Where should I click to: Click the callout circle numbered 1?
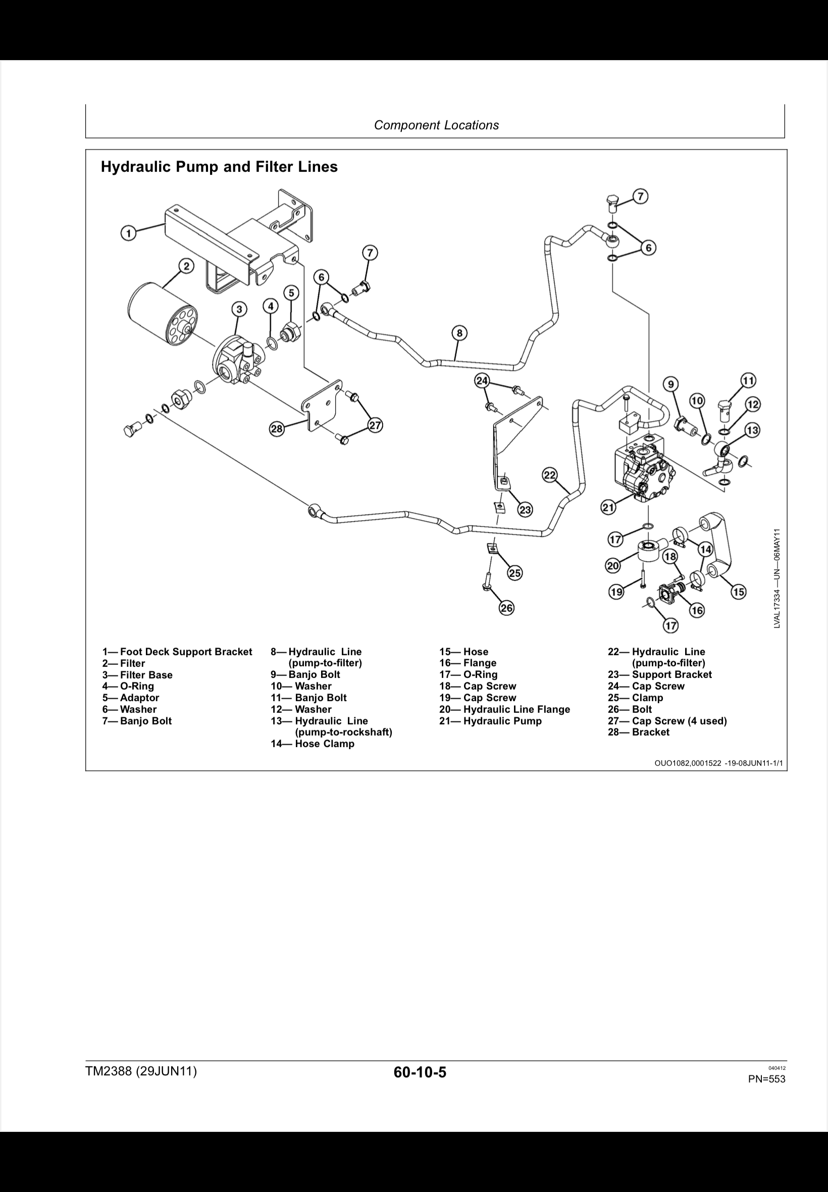(128, 233)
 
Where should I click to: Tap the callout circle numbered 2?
(186, 267)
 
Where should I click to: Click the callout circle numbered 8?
(459, 333)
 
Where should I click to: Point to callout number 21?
(608, 507)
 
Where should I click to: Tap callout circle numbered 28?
(277, 429)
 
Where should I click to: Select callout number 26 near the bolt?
(506, 608)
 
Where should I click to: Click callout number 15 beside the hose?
(738, 591)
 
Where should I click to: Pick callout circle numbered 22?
(550, 474)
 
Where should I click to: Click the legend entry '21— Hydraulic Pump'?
(490, 721)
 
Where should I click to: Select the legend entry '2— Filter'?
(124, 663)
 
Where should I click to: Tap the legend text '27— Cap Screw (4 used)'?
(667, 721)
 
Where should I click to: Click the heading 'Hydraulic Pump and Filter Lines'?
(219, 167)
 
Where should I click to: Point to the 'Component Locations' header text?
(436, 125)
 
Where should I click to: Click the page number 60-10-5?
(420, 1072)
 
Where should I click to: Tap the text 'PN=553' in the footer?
(766, 1079)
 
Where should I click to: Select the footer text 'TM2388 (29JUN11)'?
(141, 1071)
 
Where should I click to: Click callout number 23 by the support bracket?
(525, 510)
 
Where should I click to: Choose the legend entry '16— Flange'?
(468, 663)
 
